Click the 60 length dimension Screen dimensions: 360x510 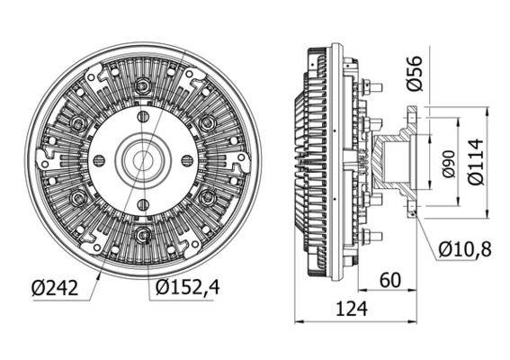389,281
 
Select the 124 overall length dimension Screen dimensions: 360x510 357,310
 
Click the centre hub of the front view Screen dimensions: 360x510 141,160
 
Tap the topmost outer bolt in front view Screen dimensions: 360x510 141,86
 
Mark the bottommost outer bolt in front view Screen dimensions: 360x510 141,237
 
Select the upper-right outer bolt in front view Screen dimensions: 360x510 207,122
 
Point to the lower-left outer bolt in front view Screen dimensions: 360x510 76,199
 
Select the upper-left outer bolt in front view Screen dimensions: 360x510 76,122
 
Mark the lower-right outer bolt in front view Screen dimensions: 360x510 207,199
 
